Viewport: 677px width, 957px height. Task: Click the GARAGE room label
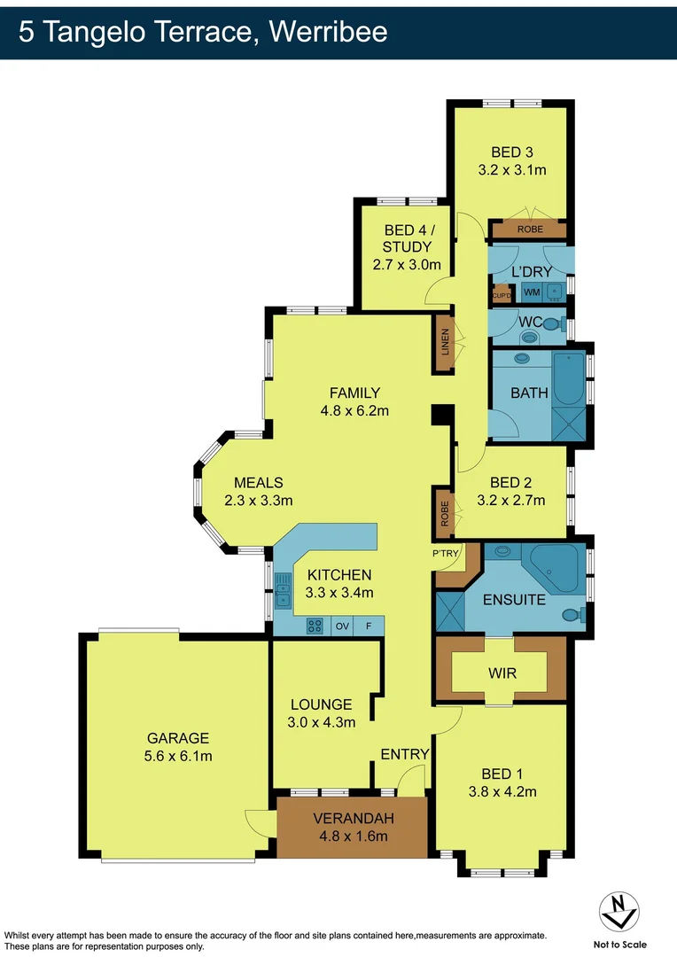tap(178, 737)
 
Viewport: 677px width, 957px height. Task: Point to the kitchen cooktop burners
tap(315, 626)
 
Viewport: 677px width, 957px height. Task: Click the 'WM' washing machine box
tap(532, 292)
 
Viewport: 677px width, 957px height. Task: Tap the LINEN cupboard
tap(445, 343)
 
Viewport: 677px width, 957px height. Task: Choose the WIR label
tap(502, 673)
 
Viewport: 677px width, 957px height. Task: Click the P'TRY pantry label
tap(446, 554)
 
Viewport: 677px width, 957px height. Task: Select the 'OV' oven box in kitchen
tap(341, 626)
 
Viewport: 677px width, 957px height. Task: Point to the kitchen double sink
tap(284, 590)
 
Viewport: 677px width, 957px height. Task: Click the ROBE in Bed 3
tap(530, 229)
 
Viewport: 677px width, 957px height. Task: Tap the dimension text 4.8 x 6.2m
tap(354, 410)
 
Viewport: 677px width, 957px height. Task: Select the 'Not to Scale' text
tap(619, 944)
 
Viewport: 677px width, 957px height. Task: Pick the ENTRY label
tap(404, 754)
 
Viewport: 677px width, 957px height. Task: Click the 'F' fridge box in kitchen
tap(369, 626)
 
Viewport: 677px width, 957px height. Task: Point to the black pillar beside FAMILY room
tap(440, 416)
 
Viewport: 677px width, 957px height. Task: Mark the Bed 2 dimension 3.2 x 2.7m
tap(510, 500)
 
